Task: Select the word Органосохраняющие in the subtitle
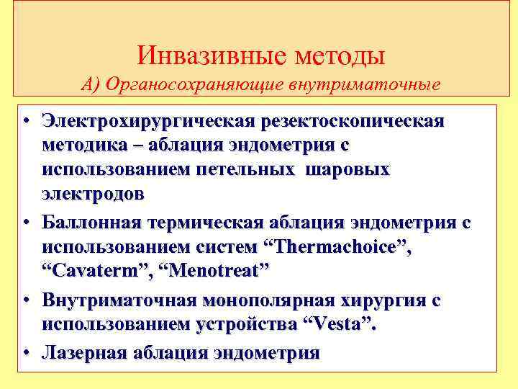(x=196, y=85)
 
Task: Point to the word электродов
(x=93, y=194)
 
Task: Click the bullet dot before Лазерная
(x=25, y=352)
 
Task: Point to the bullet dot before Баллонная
(x=25, y=222)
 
